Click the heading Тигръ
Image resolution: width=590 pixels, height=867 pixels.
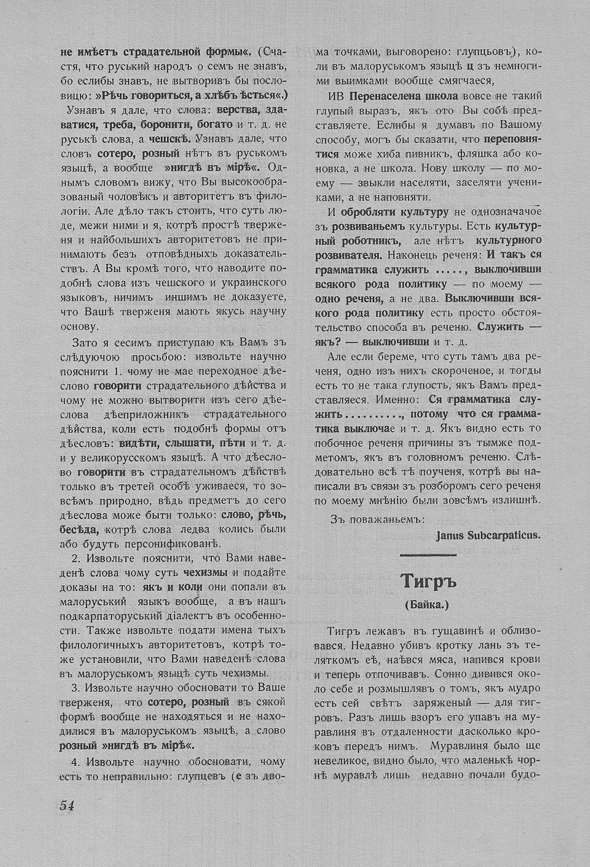tap(428, 582)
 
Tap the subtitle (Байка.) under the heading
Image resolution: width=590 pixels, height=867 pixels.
tap(428, 605)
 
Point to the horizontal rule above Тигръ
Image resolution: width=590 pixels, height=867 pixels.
tap(428, 554)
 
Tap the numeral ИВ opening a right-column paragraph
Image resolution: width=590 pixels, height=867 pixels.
tap(336, 96)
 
